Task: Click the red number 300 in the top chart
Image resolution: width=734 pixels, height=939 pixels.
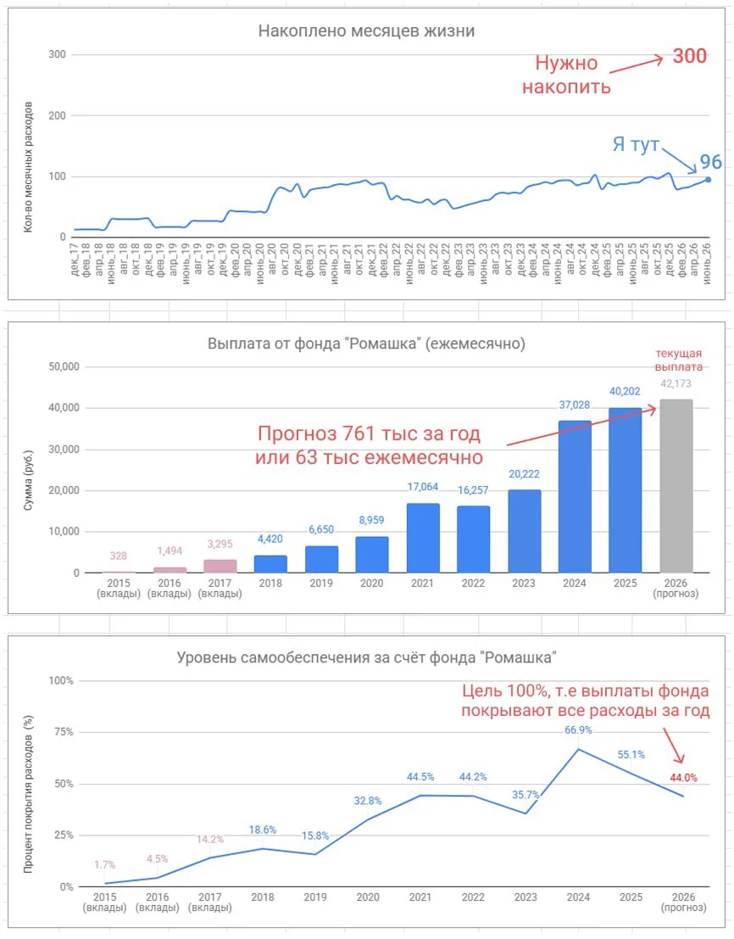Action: pyautogui.click(x=690, y=56)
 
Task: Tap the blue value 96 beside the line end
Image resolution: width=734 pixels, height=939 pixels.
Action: pyautogui.click(x=710, y=162)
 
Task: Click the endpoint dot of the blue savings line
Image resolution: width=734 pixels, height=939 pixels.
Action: pyautogui.click(x=709, y=180)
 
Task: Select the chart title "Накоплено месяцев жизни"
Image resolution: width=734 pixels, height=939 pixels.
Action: pyautogui.click(x=366, y=31)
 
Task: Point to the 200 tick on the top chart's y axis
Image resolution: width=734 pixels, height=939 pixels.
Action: pyautogui.click(x=57, y=115)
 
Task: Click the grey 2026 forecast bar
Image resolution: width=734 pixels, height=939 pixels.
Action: pyautogui.click(x=676, y=486)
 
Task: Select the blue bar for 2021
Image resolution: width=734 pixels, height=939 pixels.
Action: pyautogui.click(x=423, y=538)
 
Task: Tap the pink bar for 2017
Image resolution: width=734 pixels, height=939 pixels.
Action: pyautogui.click(x=220, y=566)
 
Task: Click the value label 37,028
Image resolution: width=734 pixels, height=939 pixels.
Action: pyautogui.click(x=575, y=405)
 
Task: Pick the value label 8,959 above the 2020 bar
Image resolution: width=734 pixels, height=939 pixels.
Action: pyautogui.click(x=371, y=520)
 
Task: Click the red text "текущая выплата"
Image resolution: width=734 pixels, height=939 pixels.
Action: pyautogui.click(x=678, y=360)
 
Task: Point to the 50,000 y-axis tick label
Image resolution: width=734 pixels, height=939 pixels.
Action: pyautogui.click(x=64, y=366)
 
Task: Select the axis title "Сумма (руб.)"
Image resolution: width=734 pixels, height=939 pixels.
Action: pyautogui.click(x=28, y=480)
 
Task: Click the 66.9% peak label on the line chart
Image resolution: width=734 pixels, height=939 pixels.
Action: pyautogui.click(x=578, y=730)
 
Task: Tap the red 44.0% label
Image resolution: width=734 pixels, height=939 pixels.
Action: pyautogui.click(x=683, y=778)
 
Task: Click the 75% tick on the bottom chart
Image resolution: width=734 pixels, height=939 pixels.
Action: pyautogui.click(x=61, y=732)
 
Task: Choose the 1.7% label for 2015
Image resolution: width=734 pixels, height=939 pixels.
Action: pyautogui.click(x=105, y=864)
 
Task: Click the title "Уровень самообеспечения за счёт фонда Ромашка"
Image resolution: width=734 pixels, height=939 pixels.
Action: pyautogui.click(x=366, y=657)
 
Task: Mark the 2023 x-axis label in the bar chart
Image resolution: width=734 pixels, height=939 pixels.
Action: pyautogui.click(x=524, y=583)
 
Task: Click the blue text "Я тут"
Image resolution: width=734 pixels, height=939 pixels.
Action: pyautogui.click(x=636, y=144)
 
